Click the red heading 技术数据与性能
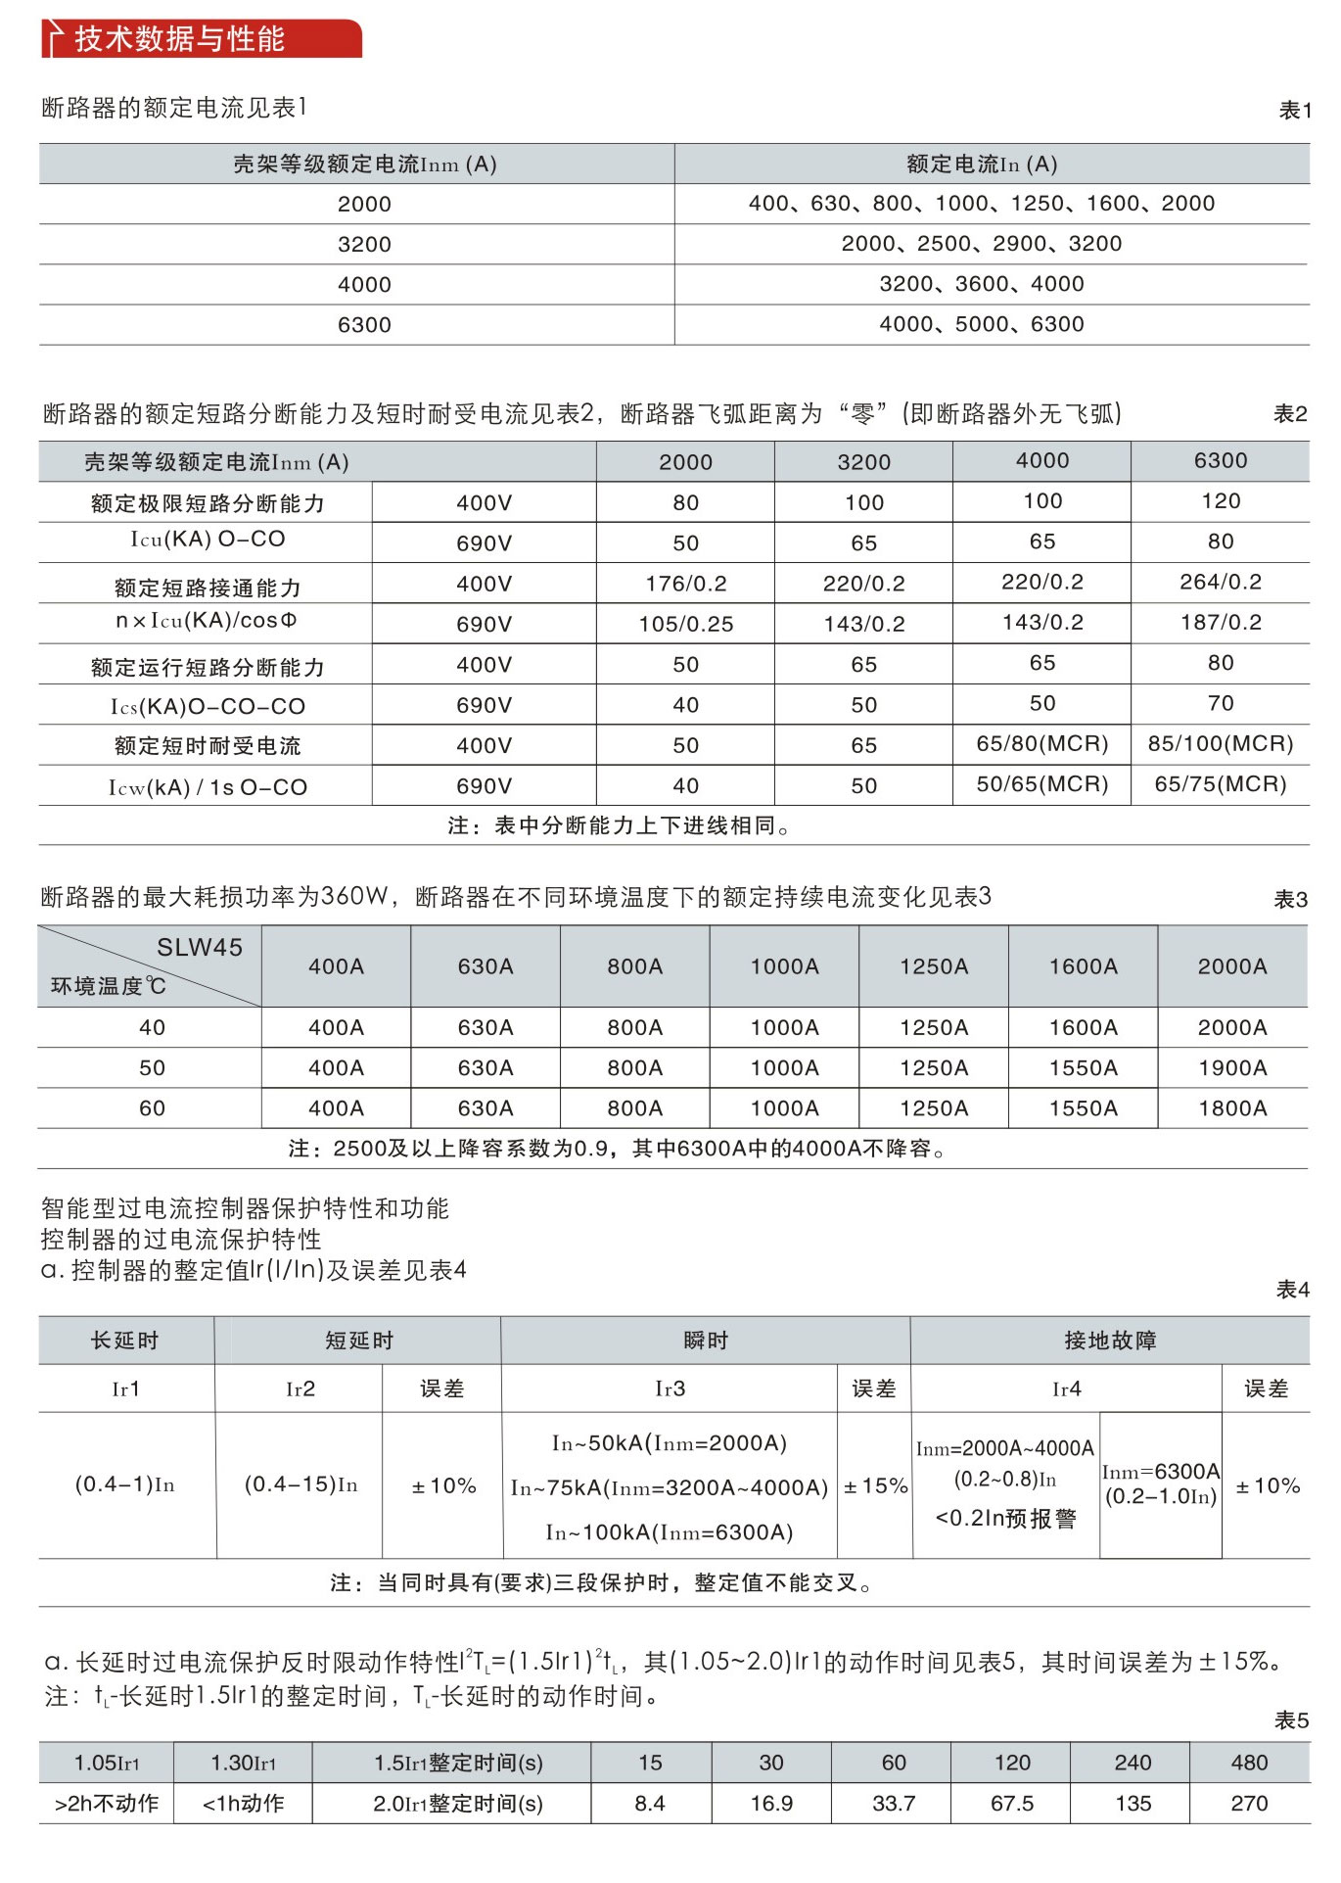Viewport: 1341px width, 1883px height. tap(179, 39)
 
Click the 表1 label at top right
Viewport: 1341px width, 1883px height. tap(1294, 111)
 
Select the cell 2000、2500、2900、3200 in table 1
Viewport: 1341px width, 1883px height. tap(981, 244)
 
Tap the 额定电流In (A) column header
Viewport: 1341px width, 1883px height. tap(981, 165)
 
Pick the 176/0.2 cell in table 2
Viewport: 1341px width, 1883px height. tap(685, 585)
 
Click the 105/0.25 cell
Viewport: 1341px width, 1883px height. tap(685, 625)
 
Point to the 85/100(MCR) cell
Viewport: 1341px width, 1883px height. tap(1220, 744)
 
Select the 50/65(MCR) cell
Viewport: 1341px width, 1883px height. tap(1041, 784)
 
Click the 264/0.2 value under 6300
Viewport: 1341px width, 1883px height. tap(1220, 583)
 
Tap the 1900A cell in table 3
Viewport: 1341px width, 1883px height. tap(1232, 1068)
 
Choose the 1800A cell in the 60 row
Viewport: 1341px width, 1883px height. tap(1232, 1108)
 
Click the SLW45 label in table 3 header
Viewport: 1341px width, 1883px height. tap(200, 947)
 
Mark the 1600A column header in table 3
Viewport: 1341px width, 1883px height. tap(1083, 966)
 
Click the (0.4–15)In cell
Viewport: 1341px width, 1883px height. tap(301, 1484)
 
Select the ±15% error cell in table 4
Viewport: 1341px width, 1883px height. tap(875, 1486)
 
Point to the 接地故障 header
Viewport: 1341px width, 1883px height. tap(1110, 1341)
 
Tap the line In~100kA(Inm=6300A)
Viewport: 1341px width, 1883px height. tap(670, 1532)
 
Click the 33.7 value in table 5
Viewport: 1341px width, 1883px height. tap(894, 1804)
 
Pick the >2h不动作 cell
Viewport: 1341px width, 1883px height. tap(107, 1804)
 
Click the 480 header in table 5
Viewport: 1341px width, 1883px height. tap(1249, 1763)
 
